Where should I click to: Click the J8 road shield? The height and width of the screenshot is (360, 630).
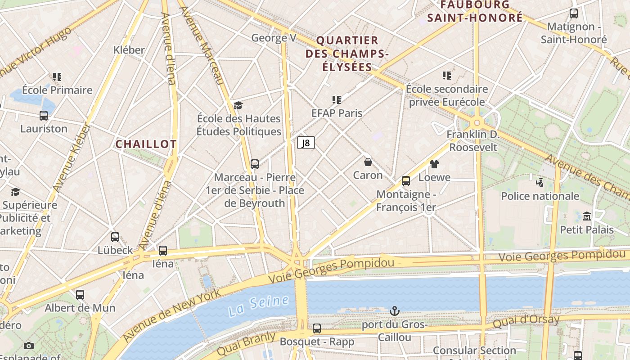306,143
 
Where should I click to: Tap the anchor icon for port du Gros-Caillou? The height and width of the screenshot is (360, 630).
394,311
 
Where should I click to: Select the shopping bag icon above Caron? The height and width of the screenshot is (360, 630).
368,162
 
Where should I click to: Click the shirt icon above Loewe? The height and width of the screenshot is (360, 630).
434,164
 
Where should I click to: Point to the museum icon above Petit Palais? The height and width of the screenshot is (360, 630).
586,216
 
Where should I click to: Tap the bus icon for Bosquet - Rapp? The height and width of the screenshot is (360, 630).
317,328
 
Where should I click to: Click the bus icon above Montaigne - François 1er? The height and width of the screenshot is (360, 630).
406,181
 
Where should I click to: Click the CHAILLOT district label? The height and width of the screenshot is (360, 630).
146,144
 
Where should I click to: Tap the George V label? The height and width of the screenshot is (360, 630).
274,38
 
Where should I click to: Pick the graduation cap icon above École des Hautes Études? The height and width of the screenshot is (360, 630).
238,106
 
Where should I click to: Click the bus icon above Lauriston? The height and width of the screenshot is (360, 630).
44,116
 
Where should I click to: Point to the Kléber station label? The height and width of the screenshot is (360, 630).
129,50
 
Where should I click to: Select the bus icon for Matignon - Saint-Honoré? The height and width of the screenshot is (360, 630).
573,13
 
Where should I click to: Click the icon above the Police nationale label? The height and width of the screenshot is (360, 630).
540,183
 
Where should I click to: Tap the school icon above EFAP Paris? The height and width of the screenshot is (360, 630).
337,99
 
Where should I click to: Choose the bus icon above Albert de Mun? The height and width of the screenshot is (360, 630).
80,295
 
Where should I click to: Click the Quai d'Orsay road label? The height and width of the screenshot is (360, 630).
526,321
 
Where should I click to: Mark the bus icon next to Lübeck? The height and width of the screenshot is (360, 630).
115,237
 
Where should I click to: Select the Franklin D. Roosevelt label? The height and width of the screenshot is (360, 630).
473,141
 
